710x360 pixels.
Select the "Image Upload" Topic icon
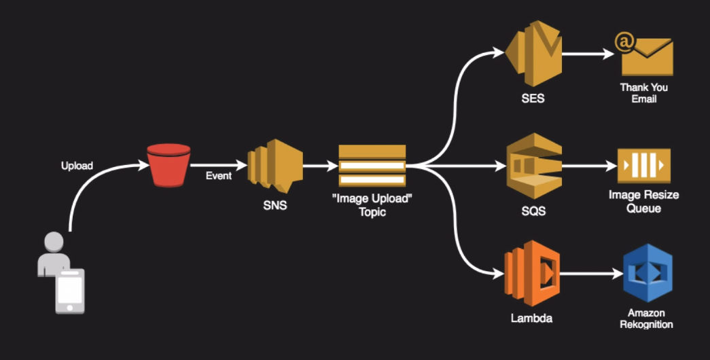tap(372, 166)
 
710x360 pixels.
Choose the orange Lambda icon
tap(531, 275)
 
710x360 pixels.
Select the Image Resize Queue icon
tap(643, 165)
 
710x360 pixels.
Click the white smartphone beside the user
tap(71, 291)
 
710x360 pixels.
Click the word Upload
tap(76, 166)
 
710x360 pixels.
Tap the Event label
tap(219, 176)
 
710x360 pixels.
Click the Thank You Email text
tap(643, 93)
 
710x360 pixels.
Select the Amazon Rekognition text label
tap(646, 319)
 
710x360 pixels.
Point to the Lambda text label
tap(531, 318)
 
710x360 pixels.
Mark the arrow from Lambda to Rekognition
tap(589, 274)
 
